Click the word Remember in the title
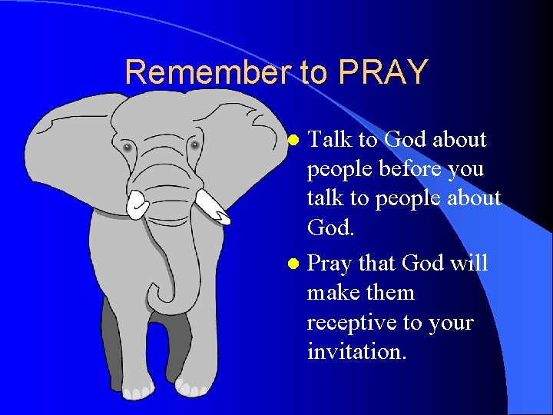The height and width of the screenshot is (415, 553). pos(207,72)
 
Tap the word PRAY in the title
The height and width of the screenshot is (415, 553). pos(382,72)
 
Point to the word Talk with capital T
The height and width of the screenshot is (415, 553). pos(329,140)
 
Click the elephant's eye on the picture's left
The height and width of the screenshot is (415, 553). pos(127,146)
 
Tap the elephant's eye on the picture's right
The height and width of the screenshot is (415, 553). pos(194,144)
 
